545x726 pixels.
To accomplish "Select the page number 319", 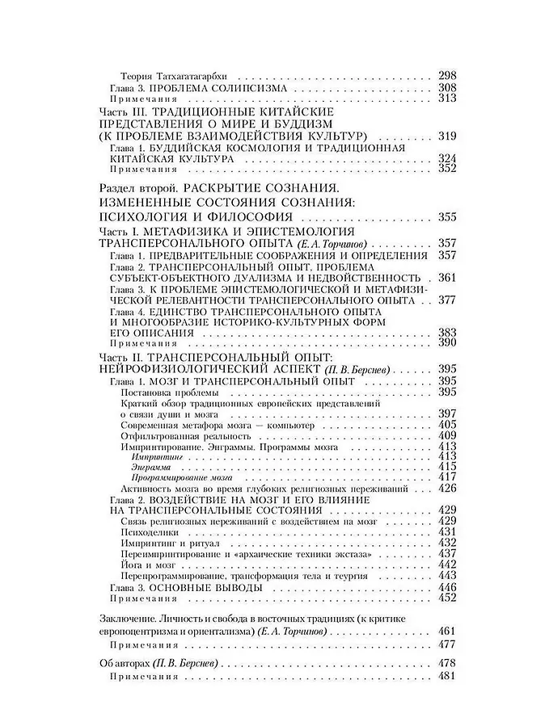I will click(447, 135).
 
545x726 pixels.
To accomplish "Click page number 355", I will click(447, 217).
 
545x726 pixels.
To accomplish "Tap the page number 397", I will click(447, 413).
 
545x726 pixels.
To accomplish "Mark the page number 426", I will click(447, 488).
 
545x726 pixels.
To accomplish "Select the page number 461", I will click(447, 630).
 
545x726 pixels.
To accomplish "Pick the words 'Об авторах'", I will click(124, 662).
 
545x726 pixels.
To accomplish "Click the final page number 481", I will click(447, 675).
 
